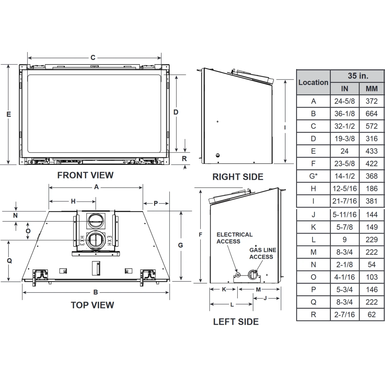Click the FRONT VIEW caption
[x=85, y=175]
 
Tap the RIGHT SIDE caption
[x=238, y=177]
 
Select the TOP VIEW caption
[x=92, y=305]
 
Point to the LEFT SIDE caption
[x=236, y=322]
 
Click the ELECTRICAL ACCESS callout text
[x=234, y=238]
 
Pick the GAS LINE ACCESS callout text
[x=263, y=253]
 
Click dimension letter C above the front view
[x=93, y=58]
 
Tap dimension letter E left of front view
[x=9, y=114]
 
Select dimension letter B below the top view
[x=95, y=292]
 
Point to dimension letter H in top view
[x=73, y=201]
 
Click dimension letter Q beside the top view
[x=9, y=261]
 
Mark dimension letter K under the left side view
[x=224, y=290]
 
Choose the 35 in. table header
[x=358, y=76]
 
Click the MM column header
[x=371, y=89]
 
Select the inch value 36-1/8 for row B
[x=344, y=114]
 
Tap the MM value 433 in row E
[x=371, y=151]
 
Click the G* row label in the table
[x=313, y=176]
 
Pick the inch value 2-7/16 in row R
[x=344, y=315]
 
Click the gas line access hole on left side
[x=253, y=275]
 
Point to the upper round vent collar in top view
[x=96, y=220]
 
